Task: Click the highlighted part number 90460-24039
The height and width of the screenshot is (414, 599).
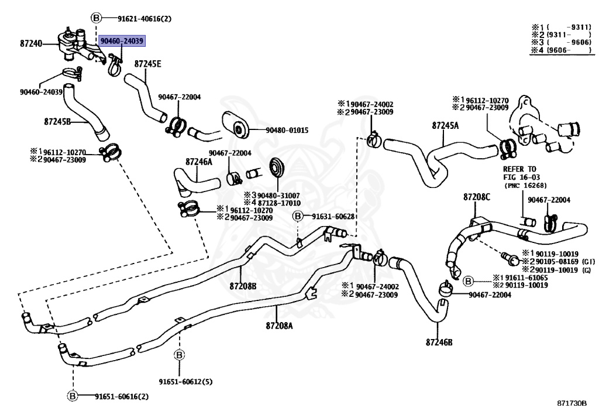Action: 122,41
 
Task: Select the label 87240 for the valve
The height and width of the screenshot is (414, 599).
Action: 31,43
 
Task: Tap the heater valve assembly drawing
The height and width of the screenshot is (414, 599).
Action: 78,45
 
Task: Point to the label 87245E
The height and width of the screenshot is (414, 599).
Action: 147,64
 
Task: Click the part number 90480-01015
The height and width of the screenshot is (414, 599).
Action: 287,131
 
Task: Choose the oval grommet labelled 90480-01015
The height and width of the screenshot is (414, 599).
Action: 235,125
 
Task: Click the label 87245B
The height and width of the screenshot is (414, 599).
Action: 57,122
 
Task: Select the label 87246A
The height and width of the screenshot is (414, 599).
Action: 199,162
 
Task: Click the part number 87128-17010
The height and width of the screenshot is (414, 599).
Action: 279,203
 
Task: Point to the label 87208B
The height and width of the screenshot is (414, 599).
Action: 243,286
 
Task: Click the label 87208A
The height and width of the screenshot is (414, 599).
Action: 279,326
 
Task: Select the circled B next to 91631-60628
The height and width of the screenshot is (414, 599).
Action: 298,216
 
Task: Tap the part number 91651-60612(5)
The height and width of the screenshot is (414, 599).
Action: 185,382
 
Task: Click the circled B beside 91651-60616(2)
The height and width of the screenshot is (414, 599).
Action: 73,396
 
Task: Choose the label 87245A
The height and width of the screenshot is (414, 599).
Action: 445,125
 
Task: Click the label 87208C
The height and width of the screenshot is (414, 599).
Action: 477,197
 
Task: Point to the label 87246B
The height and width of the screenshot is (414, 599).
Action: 439,342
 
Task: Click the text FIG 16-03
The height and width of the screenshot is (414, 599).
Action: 521,177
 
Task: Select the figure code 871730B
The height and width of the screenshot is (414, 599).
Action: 572,403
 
